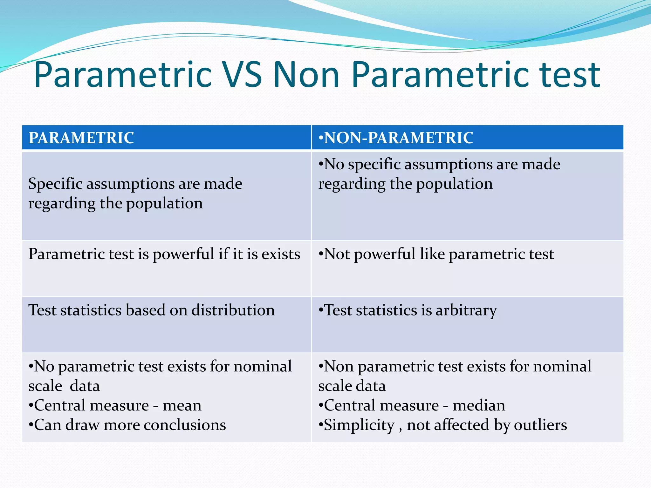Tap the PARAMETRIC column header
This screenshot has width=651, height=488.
tap(81, 138)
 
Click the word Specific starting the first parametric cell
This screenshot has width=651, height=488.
tap(55, 184)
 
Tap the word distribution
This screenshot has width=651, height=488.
tap(233, 310)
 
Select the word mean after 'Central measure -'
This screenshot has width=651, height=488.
tap(182, 406)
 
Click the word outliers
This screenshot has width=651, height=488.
tap(540, 425)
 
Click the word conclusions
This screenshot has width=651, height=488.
tap(185, 425)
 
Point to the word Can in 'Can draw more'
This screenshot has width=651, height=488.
tap(47, 425)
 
